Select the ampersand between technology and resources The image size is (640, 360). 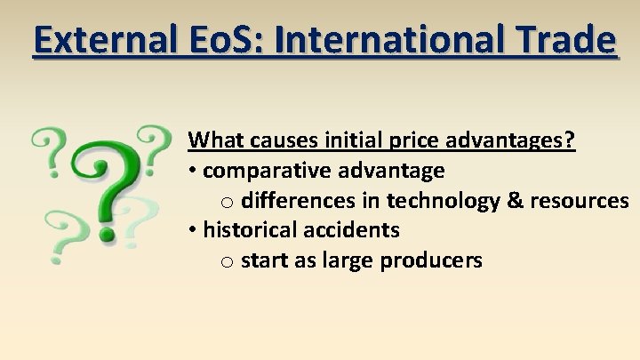[x=515, y=200]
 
